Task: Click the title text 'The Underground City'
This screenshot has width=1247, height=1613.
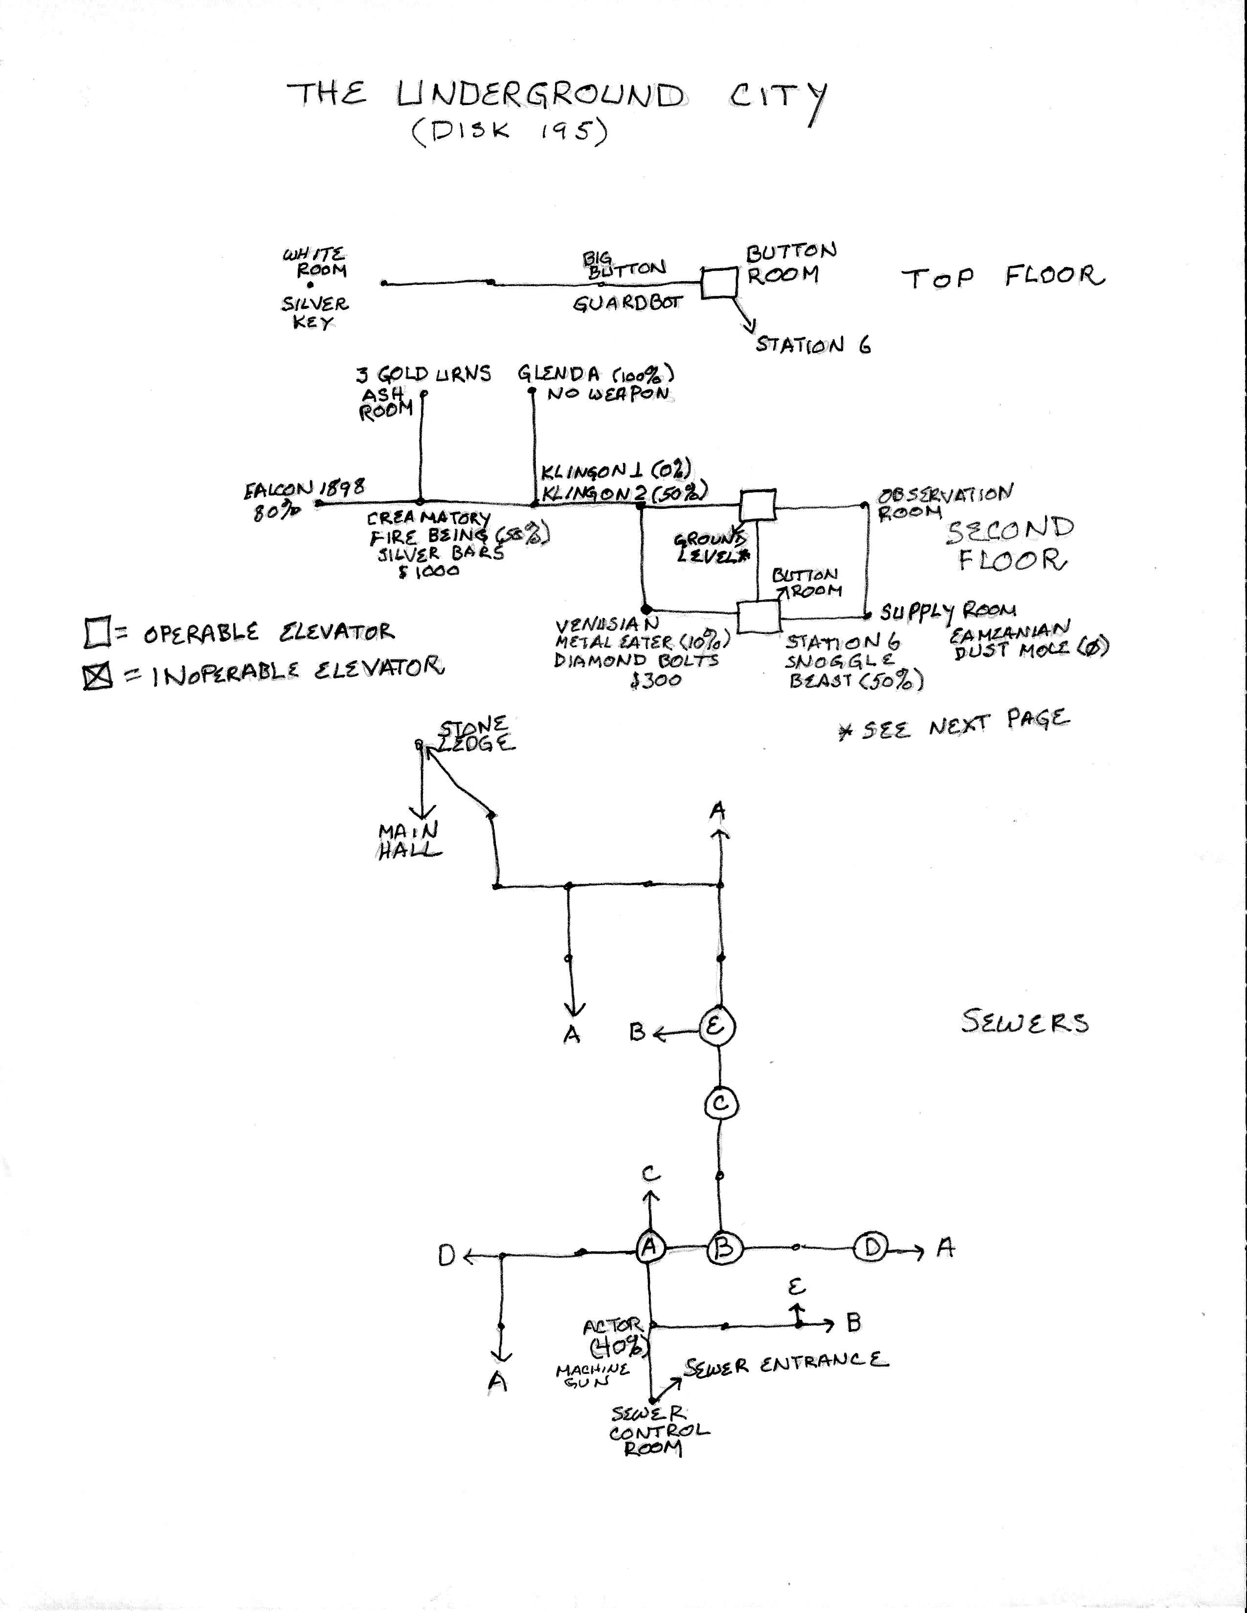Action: tap(558, 96)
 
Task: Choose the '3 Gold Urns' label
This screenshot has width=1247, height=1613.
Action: tap(423, 374)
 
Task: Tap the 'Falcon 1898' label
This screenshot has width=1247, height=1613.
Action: tap(304, 489)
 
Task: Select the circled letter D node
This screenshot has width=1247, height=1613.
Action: tap(872, 1247)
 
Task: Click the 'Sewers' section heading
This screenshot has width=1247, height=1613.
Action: tap(1024, 1022)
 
